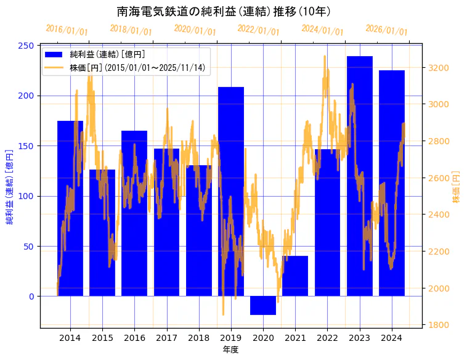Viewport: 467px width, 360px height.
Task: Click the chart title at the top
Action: (224, 11)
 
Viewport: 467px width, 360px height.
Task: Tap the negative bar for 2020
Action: (263, 305)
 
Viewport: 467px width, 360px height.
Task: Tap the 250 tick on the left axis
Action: (26, 46)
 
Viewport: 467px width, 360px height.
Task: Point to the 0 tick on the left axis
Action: (31, 297)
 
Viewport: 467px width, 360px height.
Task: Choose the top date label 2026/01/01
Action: (386, 30)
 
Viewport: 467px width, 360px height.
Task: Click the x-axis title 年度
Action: (230, 350)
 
